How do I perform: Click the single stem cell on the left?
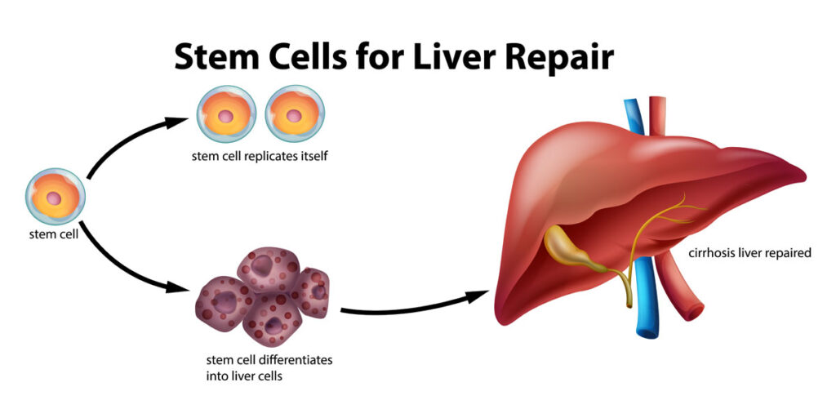tap(55, 197)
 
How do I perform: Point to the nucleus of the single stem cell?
tap(54, 198)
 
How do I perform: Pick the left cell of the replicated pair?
tap(226, 113)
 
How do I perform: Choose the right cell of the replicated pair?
tap(295, 113)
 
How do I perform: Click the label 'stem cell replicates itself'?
tap(259, 157)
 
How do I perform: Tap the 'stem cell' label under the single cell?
tap(54, 234)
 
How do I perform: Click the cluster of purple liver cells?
tap(263, 296)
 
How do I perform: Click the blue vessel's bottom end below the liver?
tap(647, 333)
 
